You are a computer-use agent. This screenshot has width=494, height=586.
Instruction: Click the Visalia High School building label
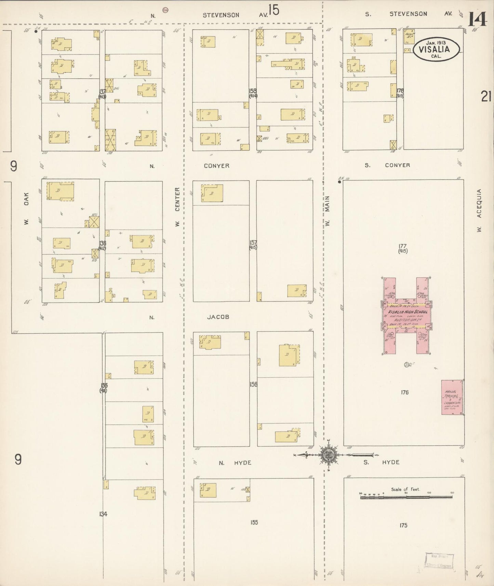point(408,312)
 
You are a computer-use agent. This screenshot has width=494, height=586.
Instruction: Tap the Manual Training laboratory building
point(452,397)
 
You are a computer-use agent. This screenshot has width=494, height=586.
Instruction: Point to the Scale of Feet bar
point(406,497)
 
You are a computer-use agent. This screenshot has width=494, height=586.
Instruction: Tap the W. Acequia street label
point(479,211)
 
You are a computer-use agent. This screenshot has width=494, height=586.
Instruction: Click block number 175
point(403,525)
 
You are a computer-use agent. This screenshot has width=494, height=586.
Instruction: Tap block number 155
point(254,522)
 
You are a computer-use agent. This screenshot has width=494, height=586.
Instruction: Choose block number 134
point(103,514)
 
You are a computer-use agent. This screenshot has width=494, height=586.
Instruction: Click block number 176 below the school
point(405,392)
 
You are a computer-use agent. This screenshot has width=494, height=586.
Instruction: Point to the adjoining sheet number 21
point(486,96)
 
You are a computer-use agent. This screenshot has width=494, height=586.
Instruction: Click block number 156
point(253,384)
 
